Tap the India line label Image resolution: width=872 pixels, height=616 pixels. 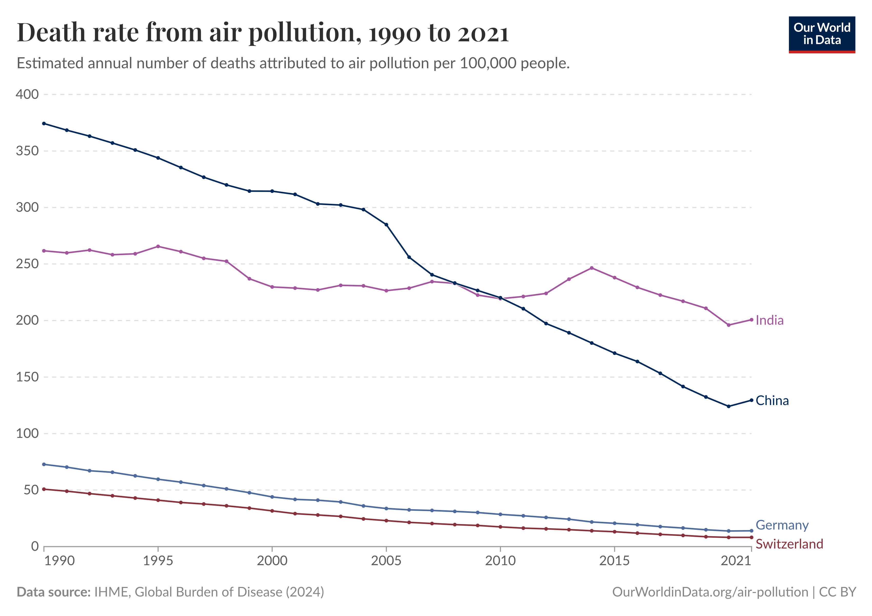[769, 320]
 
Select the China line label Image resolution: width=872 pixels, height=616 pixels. [772, 401]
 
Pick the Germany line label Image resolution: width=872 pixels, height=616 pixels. [782, 525]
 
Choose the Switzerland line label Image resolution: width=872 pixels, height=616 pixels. [789, 544]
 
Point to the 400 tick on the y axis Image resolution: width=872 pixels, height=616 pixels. [27, 94]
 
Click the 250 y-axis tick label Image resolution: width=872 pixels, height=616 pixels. [27, 264]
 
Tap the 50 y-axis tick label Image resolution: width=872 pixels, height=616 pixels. [31, 490]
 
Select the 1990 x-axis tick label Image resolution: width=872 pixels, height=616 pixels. [59, 561]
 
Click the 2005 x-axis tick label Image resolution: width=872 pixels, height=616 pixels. [386, 561]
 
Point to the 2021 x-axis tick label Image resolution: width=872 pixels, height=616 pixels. [736, 561]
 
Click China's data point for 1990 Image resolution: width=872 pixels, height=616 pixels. [44, 123]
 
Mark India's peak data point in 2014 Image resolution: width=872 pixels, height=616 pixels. [591, 268]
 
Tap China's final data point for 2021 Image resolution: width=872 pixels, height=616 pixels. [751, 400]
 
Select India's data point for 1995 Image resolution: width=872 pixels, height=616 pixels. [158, 246]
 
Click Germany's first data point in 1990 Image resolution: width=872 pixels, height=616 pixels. [44, 464]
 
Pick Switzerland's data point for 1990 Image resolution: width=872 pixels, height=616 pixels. [44, 489]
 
